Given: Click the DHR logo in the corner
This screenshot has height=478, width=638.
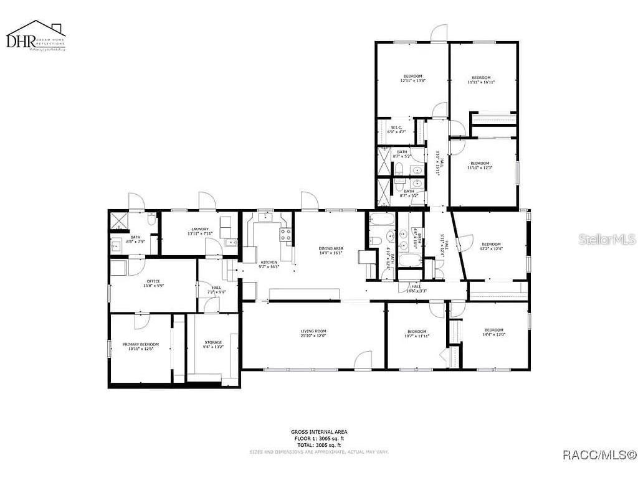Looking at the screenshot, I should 36,37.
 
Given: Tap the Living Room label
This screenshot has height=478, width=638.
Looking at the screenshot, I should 313,333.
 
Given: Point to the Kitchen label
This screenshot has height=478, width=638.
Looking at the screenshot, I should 269,264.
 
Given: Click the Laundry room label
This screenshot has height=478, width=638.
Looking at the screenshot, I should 199,231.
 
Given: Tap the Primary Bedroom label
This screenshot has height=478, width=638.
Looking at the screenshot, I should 140,346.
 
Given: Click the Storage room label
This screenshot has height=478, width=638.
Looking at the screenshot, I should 213,344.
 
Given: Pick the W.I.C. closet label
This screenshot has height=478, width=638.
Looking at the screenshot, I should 397,129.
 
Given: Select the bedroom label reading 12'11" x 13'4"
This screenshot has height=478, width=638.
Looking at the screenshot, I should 412,78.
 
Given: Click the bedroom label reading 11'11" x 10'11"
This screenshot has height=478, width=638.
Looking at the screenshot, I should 480,79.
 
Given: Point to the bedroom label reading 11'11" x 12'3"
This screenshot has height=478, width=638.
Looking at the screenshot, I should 480,165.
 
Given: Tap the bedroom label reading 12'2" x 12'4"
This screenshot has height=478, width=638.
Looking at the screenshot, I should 490,246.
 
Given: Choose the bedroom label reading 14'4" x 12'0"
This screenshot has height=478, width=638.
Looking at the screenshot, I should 493,332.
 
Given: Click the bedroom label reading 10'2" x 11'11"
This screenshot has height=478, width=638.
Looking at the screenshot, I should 417,333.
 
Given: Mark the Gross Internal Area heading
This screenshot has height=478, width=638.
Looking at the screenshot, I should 319,431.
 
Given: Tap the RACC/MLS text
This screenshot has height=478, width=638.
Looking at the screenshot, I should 599,455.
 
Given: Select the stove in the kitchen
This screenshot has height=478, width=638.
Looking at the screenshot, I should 286,234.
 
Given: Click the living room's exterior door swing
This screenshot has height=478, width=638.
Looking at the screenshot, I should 363,360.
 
